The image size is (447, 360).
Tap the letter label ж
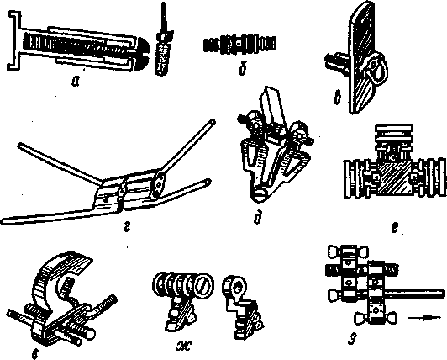(x=183, y=346)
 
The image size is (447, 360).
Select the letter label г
(x=127, y=228)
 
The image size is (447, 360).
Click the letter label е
(x=394, y=227)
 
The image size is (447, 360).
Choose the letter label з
(x=352, y=340)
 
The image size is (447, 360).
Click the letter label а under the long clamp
(x=76, y=82)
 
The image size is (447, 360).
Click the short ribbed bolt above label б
(x=239, y=45)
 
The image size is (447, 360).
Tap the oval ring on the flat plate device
(x=374, y=67)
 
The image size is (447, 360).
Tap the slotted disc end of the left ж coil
(x=205, y=284)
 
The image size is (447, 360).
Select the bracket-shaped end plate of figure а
(x=14, y=40)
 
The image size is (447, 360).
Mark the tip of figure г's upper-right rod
(x=213, y=121)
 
